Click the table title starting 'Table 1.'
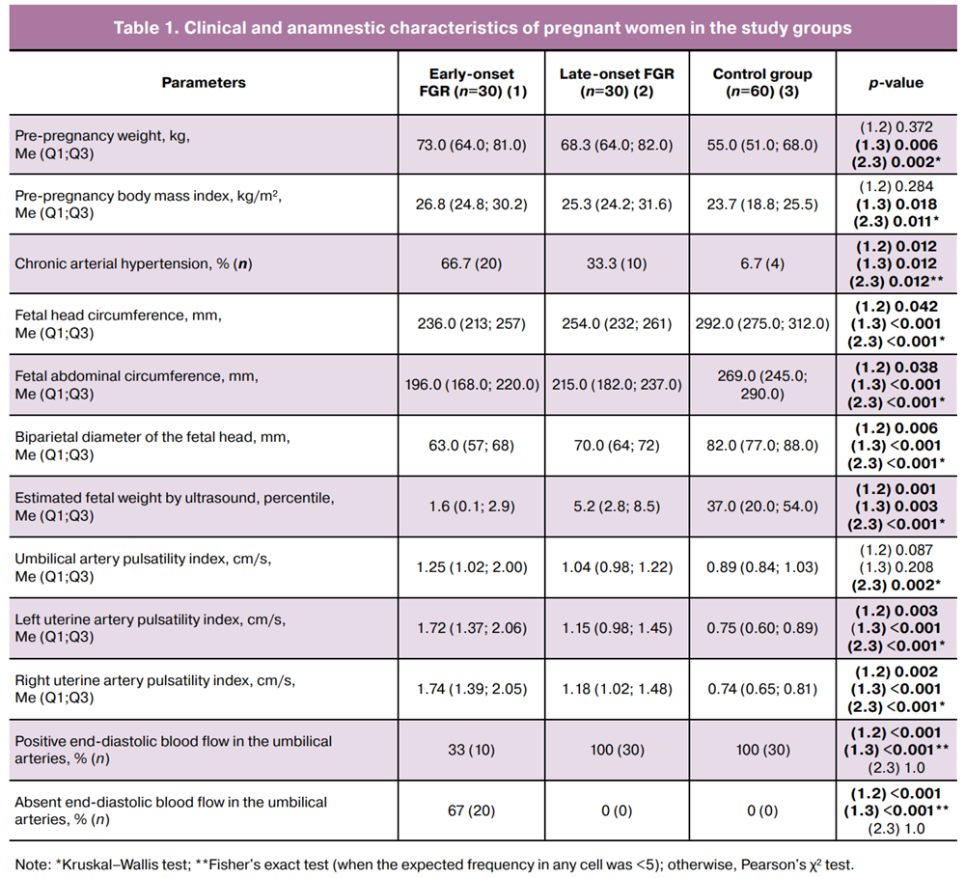click(x=482, y=28)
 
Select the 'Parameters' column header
click(x=204, y=82)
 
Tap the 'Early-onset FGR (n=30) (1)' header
click(x=472, y=82)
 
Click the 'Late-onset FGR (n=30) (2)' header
click(x=617, y=82)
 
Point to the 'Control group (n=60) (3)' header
click(x=762, y=82)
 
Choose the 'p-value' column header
click(x=896, y=83)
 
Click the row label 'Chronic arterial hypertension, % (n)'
click(x=133, y=264)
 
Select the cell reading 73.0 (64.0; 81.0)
click(x=472, y=145)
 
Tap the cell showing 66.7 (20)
click(x=472, y=264)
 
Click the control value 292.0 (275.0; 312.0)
click(x=762, y=323)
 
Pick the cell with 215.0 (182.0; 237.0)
click(x=617, y=385)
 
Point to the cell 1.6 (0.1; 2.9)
click(x=472, y=507)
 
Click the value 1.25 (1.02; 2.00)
click(x=472, y=567)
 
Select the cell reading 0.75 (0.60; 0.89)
click(x=762, y=628)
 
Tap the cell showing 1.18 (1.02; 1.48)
click(x=617, y=689)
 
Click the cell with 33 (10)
click(x=472, y=750)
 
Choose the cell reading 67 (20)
click(x=472, y=810)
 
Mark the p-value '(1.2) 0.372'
click(x=896, y=127)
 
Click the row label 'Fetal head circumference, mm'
click(x=118, y=316)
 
